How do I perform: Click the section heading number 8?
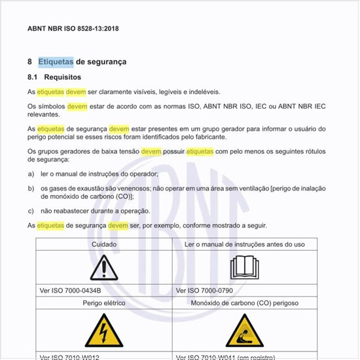30,62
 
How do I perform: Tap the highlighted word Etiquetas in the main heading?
56,62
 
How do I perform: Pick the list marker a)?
31,174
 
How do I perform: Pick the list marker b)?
31,188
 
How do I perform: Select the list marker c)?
31,211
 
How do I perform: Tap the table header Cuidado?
104,243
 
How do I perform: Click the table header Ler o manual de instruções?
245,243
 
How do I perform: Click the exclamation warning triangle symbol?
104,268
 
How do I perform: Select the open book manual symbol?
245,268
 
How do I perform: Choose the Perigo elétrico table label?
104,303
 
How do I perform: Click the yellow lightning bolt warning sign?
104,331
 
